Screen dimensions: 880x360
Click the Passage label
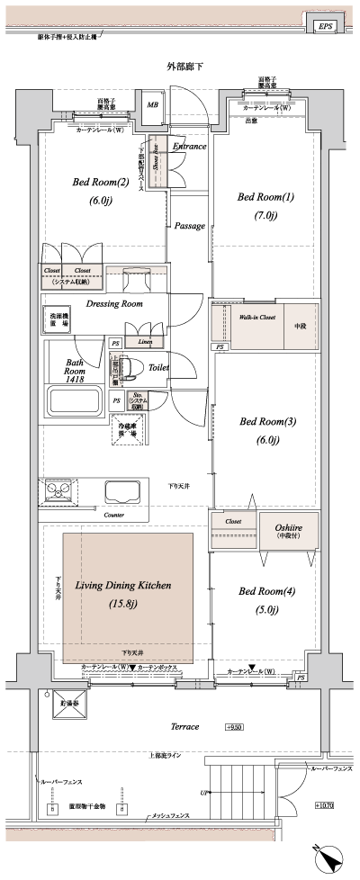189,226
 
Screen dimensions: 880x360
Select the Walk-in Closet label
256,318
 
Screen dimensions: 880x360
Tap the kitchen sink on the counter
121,491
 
